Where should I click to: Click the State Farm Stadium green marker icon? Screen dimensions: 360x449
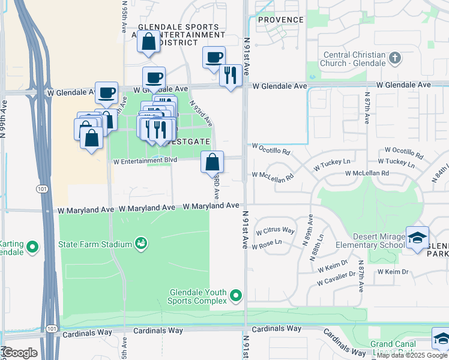coord(142,244)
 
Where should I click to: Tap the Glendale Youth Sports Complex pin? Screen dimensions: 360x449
coord(236,295)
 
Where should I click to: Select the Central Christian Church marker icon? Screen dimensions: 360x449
coord(394,58)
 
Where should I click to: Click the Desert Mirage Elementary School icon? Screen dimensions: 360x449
coord(417,238)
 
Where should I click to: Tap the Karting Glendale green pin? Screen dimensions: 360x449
coord(32,247)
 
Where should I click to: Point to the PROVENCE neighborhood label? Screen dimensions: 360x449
coord(281,20)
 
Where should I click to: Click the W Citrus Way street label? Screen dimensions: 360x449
coord(275,231)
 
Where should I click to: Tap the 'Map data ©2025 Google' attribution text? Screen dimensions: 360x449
coord(412,355)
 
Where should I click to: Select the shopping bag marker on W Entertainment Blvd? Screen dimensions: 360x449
coord(212,163)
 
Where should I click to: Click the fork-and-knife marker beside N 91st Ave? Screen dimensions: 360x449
coord(230,76)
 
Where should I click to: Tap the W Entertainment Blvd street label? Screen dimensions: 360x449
coord(145,161)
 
